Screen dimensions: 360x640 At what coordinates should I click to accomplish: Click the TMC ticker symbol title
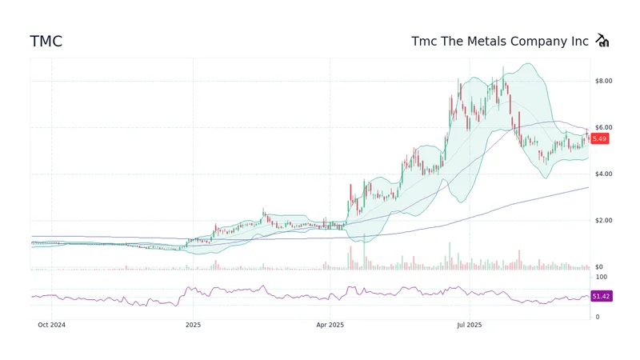[46, 42]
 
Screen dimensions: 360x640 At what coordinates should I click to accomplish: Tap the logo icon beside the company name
[602, 42]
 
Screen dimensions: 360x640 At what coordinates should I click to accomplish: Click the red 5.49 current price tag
[600, 138]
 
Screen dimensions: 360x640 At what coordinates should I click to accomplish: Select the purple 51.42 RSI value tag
[601, 297]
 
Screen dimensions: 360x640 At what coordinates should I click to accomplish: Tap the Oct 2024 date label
[51, 325]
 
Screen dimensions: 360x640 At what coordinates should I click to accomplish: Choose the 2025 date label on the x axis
[192, 325]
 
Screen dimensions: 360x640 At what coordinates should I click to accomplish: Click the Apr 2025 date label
[330, 325]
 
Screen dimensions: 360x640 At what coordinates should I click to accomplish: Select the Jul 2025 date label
[469, 325]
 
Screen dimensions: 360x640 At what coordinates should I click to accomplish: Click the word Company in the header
[544, 41]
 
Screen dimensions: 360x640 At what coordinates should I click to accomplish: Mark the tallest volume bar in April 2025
[364, 252]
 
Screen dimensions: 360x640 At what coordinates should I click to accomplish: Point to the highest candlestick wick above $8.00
[502, 67]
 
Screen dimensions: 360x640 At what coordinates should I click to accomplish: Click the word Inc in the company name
[580, 41]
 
